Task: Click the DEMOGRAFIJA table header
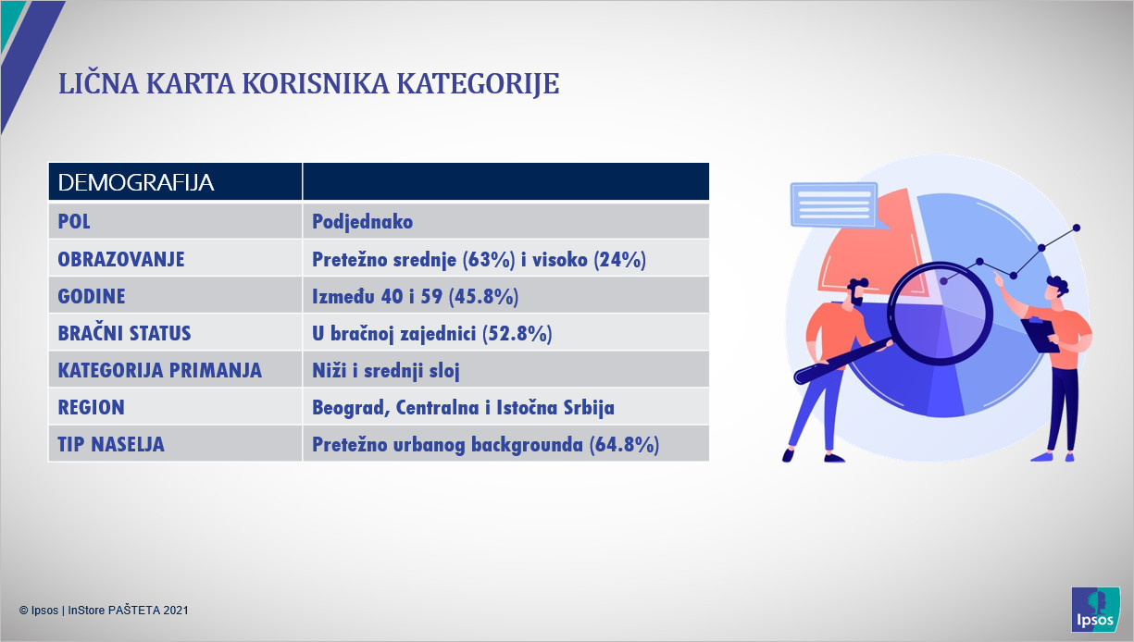[x=136, y=182]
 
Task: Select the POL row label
[x=74, y=222]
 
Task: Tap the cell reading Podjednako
[x=363, y=222]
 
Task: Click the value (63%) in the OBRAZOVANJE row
[x=489, y=260]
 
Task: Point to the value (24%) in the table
[x=619, y=260]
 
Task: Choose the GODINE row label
[x=92, y=296]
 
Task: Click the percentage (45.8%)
[x=483, y=296]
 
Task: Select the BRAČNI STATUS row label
[x=125, y=333]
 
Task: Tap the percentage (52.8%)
[x=517, y=333]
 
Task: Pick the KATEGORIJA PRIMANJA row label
[x=160, y=370]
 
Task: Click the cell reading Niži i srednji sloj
[x=386, y=370]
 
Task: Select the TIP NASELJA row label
[x=111, y=445]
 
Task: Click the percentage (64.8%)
[x=624, y=445]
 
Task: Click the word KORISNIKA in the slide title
[x=316, y=84]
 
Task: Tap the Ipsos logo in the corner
[x=1095, y=609]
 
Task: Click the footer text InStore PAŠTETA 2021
[x=128, y=611]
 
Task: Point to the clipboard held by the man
[x=1040, y=334]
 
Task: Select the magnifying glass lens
[x=941, y=314]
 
